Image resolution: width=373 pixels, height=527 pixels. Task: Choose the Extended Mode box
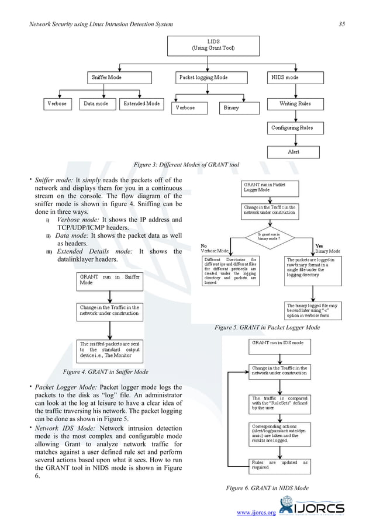141,104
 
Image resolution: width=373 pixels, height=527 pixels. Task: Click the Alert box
293,151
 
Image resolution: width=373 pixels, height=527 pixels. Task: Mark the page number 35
341,23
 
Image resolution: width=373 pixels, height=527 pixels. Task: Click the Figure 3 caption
186,165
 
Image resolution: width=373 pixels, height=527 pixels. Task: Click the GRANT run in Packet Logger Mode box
270,188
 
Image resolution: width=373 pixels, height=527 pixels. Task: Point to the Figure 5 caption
267,328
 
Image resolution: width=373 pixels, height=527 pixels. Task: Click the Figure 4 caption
105,372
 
